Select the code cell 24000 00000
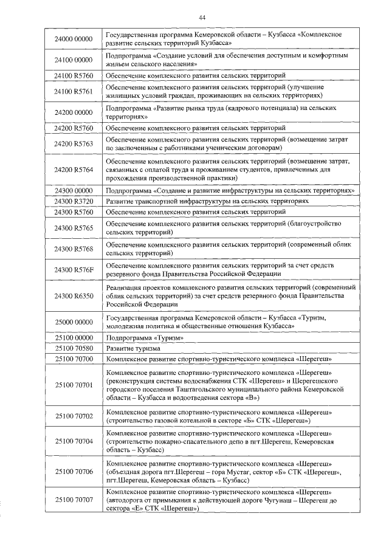tap(73, 40)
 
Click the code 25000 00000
tap(73, 321)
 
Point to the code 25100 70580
tap(73, 349)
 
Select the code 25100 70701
tap(73, 385)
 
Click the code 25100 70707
tap(73, 500)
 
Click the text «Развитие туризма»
tap(133, 349)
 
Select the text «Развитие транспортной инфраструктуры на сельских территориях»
tap(207, 201)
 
